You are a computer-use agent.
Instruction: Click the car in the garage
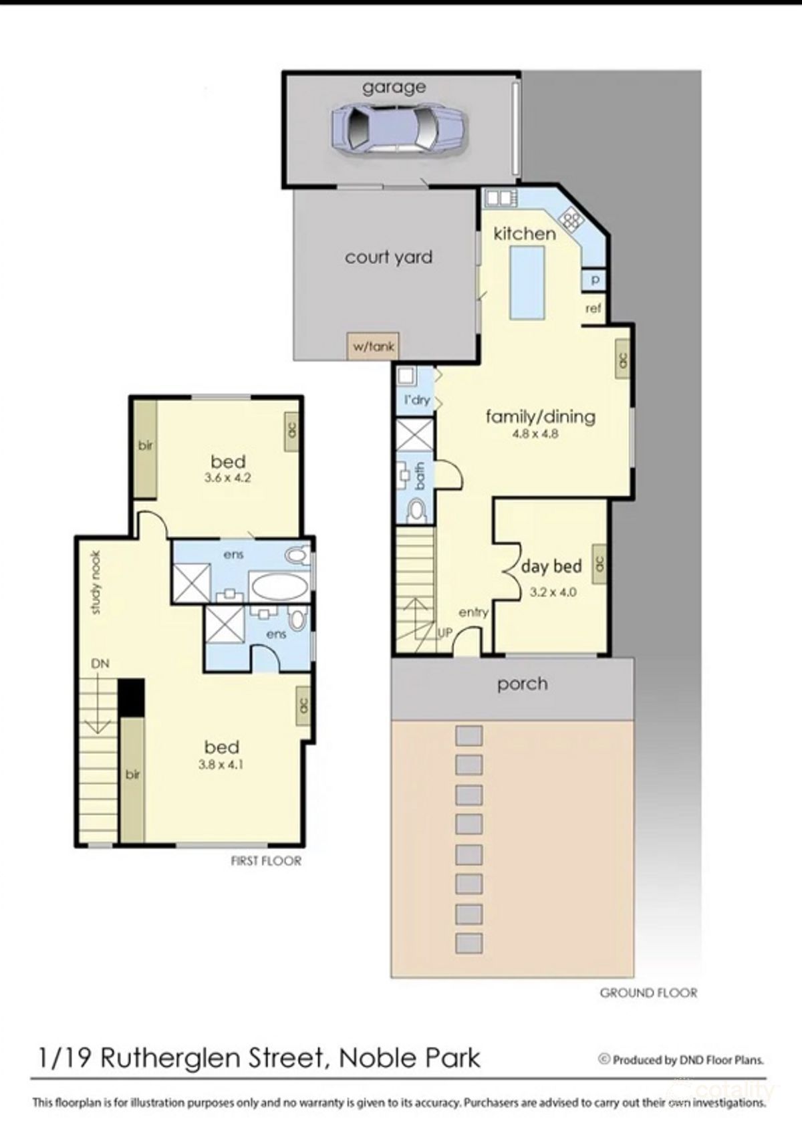click(x=399, y=130)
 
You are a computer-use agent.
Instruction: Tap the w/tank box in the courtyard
click(x=374, y=346)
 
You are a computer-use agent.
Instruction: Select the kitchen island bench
click(x=527, y=282)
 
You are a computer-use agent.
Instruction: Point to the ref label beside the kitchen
click(x=593, y=308)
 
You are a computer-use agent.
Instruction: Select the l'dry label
click(x=416, y=400)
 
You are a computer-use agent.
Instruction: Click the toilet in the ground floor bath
click(x=416, y=511)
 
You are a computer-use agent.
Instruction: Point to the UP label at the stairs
click(x=445, y=631)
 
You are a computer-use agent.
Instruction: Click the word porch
click(x=522, y=684)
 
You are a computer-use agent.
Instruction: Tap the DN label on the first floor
click(x=100, y=664)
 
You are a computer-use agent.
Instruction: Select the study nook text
click(x=96, y=582)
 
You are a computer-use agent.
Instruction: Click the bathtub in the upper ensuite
click(x=279, y=588)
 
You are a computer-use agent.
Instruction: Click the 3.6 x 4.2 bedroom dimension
click(x=228, y=478)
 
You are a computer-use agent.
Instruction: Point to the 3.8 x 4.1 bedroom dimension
click(x=221, y=765)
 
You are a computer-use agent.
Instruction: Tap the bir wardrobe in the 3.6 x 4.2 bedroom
click(x=145, y=447)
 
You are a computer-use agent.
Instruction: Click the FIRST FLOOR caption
click(x=266, y=861)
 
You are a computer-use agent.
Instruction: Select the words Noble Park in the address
click(x=410, y=1058)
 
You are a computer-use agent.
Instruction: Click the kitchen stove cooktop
click(x=571, y=218)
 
